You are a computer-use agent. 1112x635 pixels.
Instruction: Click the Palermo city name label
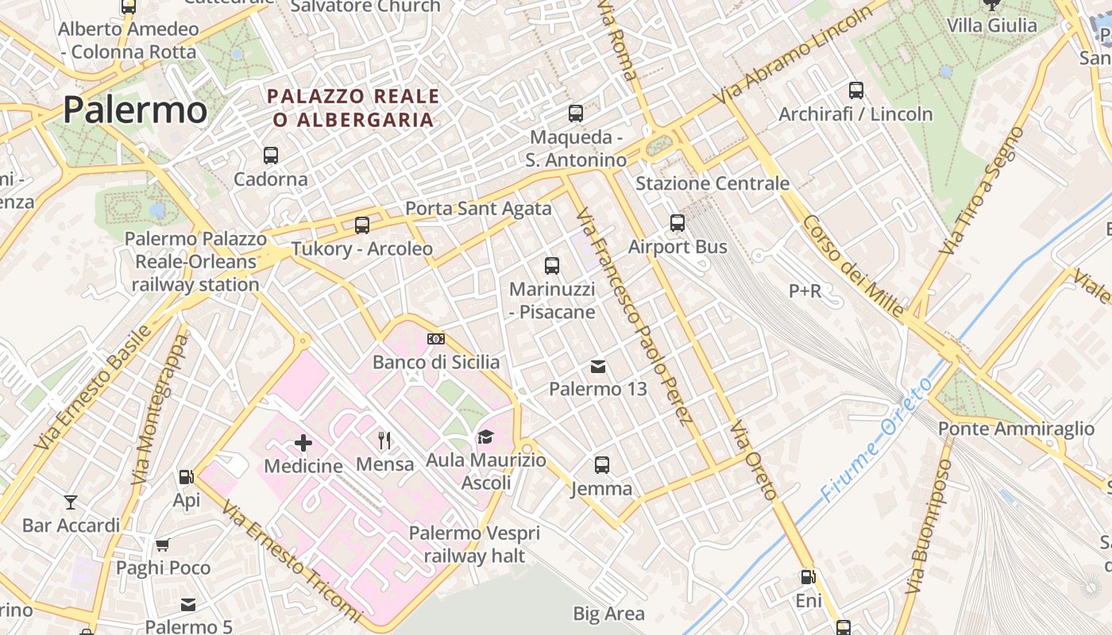coord(135,110)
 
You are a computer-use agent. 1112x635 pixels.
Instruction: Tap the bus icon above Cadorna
coord(271,155)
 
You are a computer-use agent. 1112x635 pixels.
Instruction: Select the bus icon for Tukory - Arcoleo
coord(362,225)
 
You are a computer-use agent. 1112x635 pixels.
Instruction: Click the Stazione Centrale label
coord(712,183)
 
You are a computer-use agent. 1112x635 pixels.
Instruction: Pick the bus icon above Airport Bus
coord(678,223)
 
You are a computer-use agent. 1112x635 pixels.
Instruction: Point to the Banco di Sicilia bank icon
coord(436,339)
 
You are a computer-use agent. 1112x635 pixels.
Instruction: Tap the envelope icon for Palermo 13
coord(598,366)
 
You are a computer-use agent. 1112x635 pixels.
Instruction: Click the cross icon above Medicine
coord(303,443)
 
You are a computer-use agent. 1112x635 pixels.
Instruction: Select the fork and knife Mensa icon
coord(385,440)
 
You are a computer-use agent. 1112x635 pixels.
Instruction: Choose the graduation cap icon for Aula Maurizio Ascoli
coord(485,437)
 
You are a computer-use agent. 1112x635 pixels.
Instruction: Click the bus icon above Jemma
coord(602,465)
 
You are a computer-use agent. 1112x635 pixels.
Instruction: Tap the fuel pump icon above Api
coord(187,477)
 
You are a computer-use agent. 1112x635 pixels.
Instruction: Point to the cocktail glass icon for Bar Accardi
coord(71,502)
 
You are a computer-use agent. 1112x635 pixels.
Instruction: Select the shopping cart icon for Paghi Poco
coord(163,545)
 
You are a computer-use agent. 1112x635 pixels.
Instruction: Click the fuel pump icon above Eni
coord(808,577)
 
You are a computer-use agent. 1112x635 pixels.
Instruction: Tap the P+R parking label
coord(805,291)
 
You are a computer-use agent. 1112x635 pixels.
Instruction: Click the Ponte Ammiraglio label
coord(1016,429)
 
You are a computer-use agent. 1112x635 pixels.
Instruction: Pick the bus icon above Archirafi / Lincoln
coord(855,90)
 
